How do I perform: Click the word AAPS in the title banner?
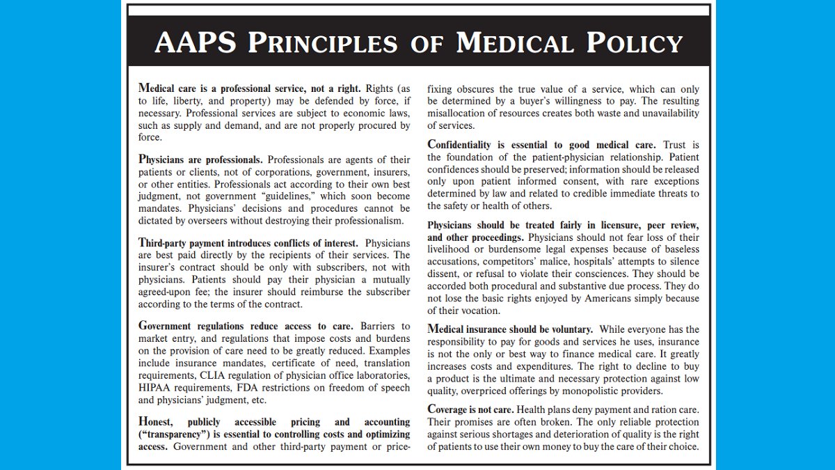(196, 43)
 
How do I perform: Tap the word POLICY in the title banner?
(635, 43)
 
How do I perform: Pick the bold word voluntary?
(568, 329)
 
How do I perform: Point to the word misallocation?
(454, 113)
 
